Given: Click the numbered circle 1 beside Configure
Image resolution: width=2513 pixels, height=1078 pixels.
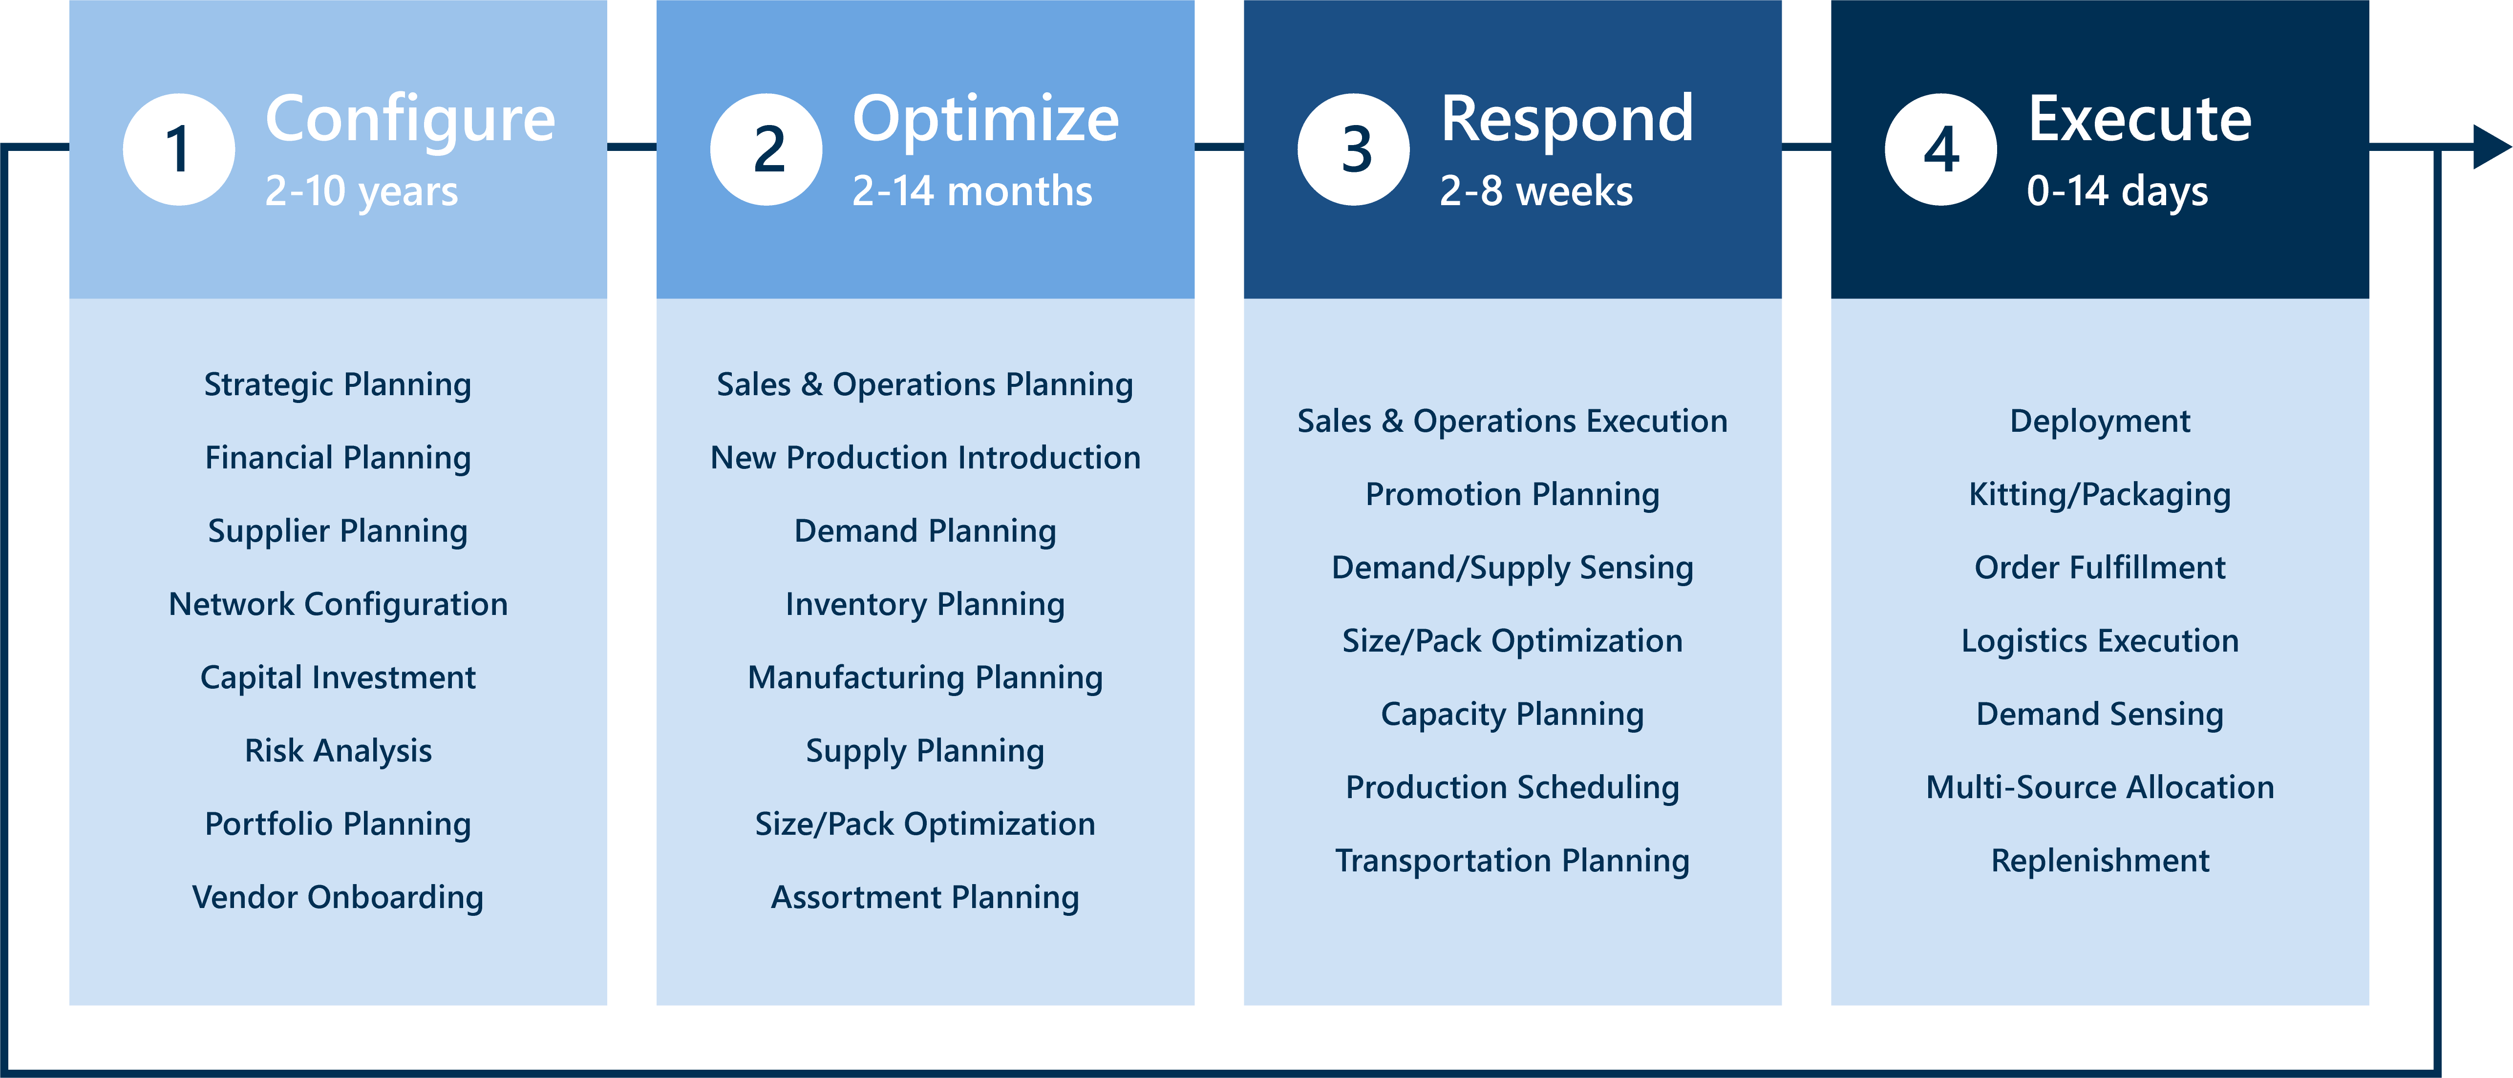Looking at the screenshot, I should coord(178,149).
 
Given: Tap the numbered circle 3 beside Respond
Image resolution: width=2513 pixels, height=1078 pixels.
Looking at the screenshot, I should coord(1353,149).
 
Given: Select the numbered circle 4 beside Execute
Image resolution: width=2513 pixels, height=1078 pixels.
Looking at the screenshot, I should coord(1940,149).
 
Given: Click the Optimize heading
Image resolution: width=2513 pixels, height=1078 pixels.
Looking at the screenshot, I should coord(985,119).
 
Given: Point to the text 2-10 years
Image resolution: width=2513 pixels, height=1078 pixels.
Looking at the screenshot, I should coord(361,191).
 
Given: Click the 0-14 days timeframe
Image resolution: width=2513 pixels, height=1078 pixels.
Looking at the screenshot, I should coord(2117,191).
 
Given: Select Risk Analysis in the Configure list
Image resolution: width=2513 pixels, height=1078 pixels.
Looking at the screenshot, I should coord(338,750).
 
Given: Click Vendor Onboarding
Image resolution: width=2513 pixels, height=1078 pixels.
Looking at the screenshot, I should coord(338,897).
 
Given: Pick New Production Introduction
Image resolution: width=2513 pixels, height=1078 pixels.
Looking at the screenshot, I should coord(925,458).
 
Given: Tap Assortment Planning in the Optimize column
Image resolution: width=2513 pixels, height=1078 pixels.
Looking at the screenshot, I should coord(925,897).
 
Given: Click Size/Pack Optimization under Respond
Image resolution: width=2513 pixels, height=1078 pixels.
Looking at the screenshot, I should coord(1512,641).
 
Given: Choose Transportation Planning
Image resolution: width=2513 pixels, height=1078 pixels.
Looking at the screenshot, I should coord(1512,861).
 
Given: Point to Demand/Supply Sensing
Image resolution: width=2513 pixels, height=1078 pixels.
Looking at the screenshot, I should coord(1512,568).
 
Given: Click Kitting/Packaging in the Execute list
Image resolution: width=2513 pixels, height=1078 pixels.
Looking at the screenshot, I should coord(2099,495).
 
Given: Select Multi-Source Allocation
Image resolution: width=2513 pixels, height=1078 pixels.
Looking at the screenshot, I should coord(2099,787).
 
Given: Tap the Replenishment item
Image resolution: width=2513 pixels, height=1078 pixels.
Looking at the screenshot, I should coord(2099,861).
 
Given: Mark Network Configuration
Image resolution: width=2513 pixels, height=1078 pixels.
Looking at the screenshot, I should coord(338,604).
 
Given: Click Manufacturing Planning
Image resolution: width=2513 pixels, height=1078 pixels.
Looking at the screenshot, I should coord(925,677).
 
